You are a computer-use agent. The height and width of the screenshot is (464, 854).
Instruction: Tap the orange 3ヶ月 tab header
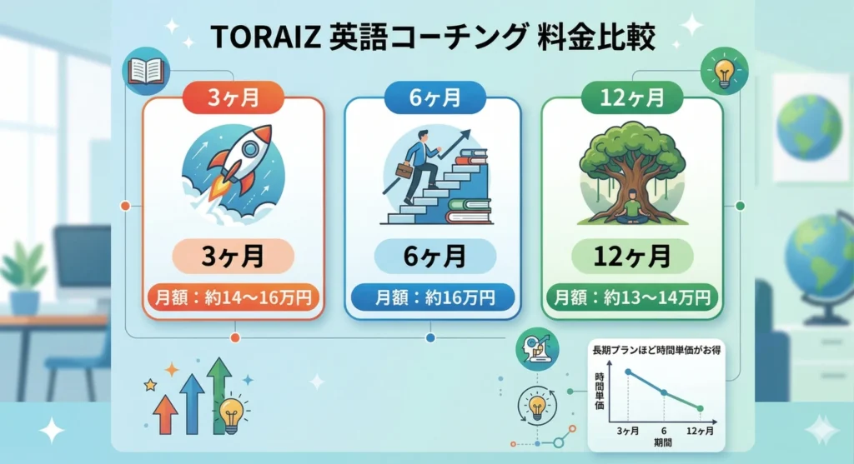[234, 97]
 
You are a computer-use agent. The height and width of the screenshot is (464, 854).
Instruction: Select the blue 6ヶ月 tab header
[432, 97]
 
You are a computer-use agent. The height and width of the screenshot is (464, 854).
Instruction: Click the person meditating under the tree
[632, 204]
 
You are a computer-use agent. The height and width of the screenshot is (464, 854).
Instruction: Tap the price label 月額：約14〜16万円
[233, 296]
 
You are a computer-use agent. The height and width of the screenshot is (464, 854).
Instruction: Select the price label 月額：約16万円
[432, 296]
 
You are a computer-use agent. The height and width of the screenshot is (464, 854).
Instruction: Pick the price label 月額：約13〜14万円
[632, 296]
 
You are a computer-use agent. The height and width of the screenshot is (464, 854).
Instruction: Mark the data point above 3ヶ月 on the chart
[628, 372]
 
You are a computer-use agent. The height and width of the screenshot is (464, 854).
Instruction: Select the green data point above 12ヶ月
[700, 408]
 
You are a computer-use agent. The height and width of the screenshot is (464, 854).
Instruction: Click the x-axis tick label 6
[665, 431]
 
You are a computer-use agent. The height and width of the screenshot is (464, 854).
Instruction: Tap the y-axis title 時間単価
[600, 392]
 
